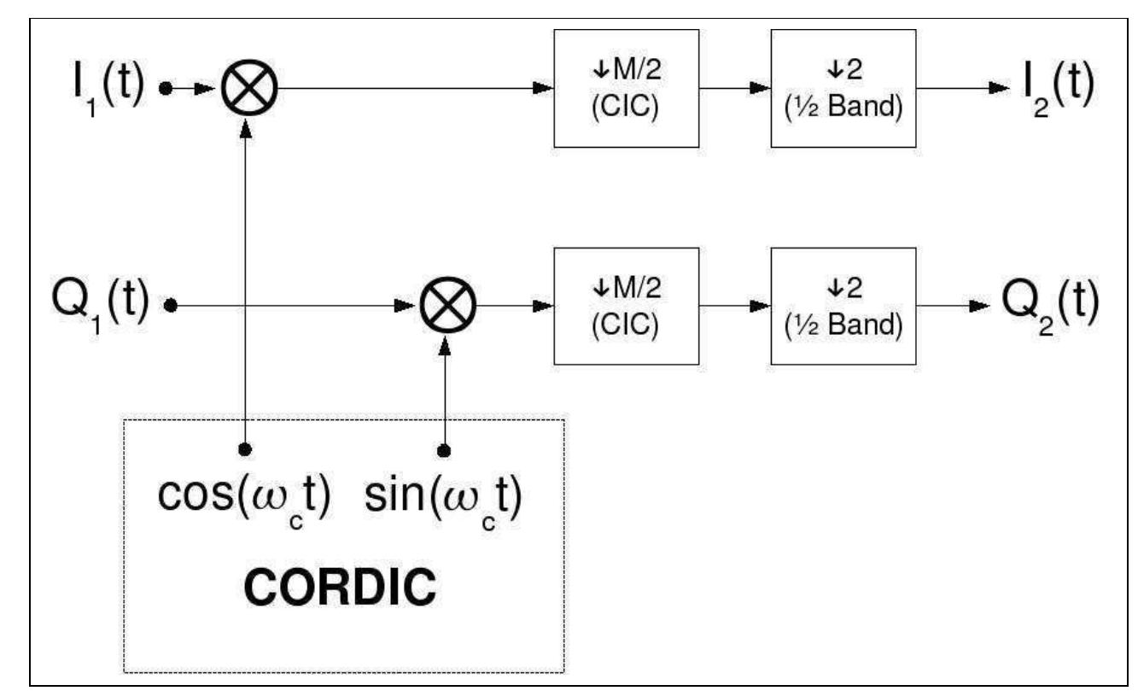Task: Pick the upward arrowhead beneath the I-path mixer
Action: point(245,123)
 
